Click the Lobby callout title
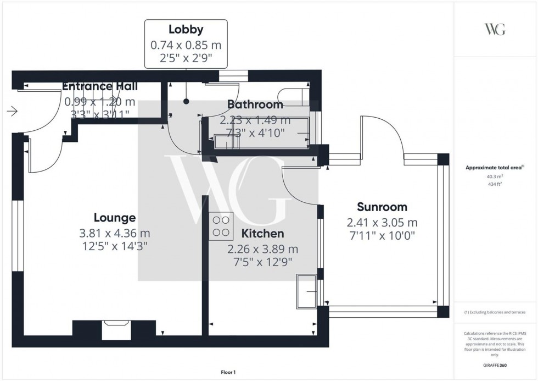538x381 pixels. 186,30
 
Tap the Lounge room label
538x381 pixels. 114,218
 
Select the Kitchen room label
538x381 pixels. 262,234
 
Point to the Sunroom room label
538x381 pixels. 382,207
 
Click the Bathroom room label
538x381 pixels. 255,104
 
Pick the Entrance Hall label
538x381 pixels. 99,86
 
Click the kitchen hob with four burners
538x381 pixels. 221,226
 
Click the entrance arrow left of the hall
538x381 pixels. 12,112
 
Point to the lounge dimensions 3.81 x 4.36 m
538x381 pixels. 114,233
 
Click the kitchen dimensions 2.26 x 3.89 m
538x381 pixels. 262,249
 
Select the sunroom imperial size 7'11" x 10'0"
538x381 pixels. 382,236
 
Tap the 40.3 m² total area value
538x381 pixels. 495,176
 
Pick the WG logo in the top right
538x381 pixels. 495,29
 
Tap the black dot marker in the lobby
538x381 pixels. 186,101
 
